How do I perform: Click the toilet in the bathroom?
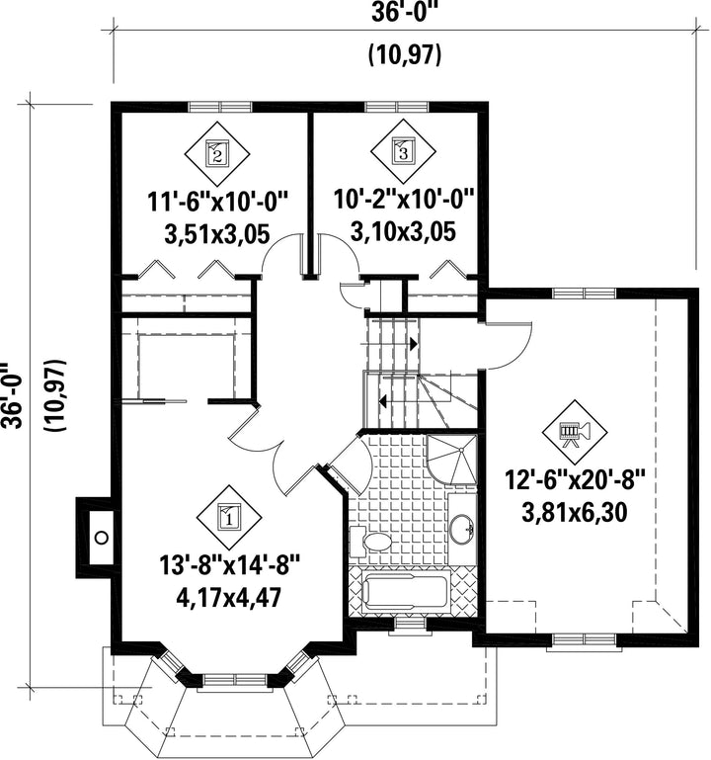pos(369,541)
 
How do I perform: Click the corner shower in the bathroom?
pos(452,459)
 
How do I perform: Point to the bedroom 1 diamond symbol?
pos(228,517)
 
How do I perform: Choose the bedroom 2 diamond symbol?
pos(216,153)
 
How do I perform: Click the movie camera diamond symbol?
pos(575,432)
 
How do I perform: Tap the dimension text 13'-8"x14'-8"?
pos(230,565)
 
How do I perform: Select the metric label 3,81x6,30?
pos(575,512)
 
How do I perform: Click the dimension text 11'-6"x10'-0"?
pos(218,202)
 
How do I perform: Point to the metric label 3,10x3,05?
pos(403,231)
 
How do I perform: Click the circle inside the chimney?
pos(102,537)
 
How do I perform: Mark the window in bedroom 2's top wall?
pos(220,107)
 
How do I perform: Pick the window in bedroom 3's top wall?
pos(397,107)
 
